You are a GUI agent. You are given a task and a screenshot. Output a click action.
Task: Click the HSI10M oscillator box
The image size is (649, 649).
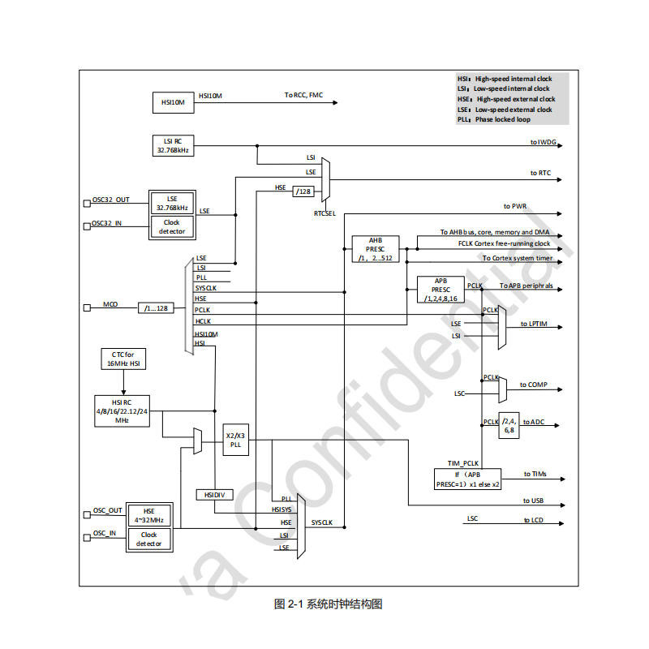[173, 102]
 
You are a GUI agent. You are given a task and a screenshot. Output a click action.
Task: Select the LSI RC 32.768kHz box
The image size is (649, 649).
[173, 145]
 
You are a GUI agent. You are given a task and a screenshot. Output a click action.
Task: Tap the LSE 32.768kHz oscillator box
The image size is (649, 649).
[172, 202]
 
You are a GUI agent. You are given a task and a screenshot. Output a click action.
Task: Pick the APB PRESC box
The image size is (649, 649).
[441, 290]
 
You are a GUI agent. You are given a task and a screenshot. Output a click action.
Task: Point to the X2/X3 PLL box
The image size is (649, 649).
[235, 440]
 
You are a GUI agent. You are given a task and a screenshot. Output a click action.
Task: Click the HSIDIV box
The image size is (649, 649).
[213, 494]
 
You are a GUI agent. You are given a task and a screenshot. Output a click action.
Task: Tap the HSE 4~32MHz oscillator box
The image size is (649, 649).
[148, 515]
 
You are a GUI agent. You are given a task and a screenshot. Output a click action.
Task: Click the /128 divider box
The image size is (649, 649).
[303, 191]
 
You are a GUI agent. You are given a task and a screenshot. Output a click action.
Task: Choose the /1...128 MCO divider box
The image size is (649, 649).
[155, 308]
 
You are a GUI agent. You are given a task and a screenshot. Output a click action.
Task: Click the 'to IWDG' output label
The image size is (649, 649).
[543, 143]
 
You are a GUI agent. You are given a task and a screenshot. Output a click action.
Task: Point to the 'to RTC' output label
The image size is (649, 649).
[539, 173]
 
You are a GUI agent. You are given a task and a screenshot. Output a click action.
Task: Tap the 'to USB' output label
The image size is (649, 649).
[532, 501]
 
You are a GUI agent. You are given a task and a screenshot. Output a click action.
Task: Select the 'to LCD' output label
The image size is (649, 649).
[532, 520]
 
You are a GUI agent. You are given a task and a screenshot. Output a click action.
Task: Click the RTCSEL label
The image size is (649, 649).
[325, 213]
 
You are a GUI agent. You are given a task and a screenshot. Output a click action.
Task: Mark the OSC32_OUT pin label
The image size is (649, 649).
[110, 200]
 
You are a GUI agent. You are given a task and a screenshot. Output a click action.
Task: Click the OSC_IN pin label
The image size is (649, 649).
[104, 534]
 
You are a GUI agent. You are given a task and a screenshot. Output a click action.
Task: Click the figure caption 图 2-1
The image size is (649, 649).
[328, 604]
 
